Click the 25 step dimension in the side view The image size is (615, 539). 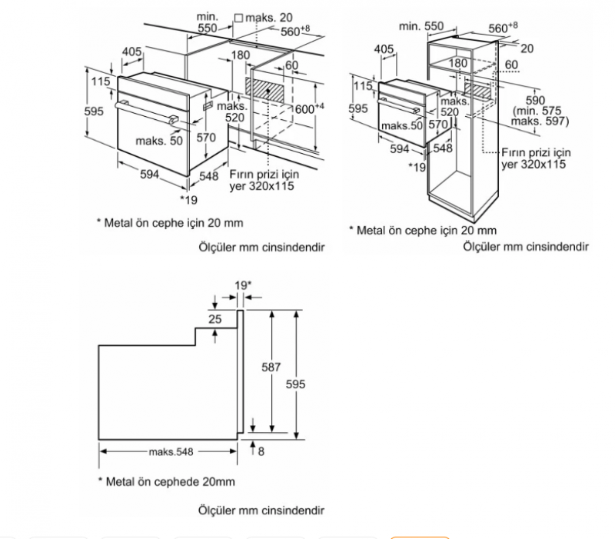click(214, 319)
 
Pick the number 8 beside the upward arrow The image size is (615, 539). click(261, 451)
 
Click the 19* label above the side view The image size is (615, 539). click(243, 286)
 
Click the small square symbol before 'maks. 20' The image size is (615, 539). click(238, 17)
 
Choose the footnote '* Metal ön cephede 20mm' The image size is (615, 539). click(165, 482)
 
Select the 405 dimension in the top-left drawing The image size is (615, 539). click(131, 52)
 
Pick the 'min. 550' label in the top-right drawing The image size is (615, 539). click(421, 26)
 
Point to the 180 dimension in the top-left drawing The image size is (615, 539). click(241, 55)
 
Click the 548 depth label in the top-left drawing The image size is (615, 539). click(209, 175)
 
